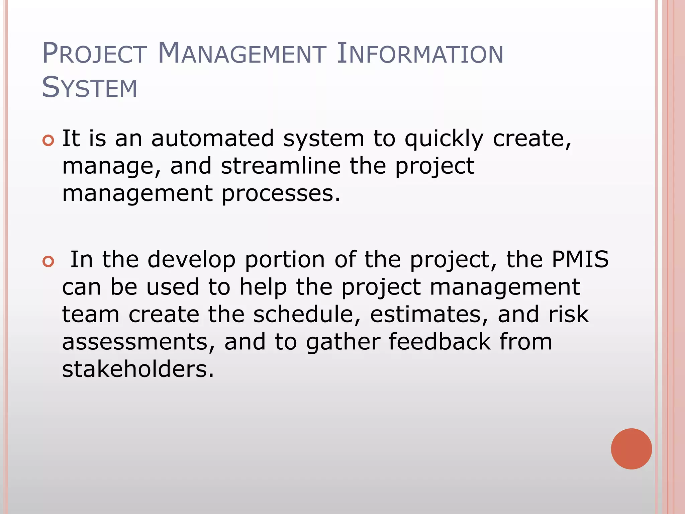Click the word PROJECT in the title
(94, 53)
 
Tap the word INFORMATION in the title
(420, 53)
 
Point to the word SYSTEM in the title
(90, 88)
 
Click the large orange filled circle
(631, 449)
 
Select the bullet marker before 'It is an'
(48, 141)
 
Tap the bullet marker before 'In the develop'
(48, 262)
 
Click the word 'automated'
(212, 138)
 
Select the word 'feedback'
(439, 342)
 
